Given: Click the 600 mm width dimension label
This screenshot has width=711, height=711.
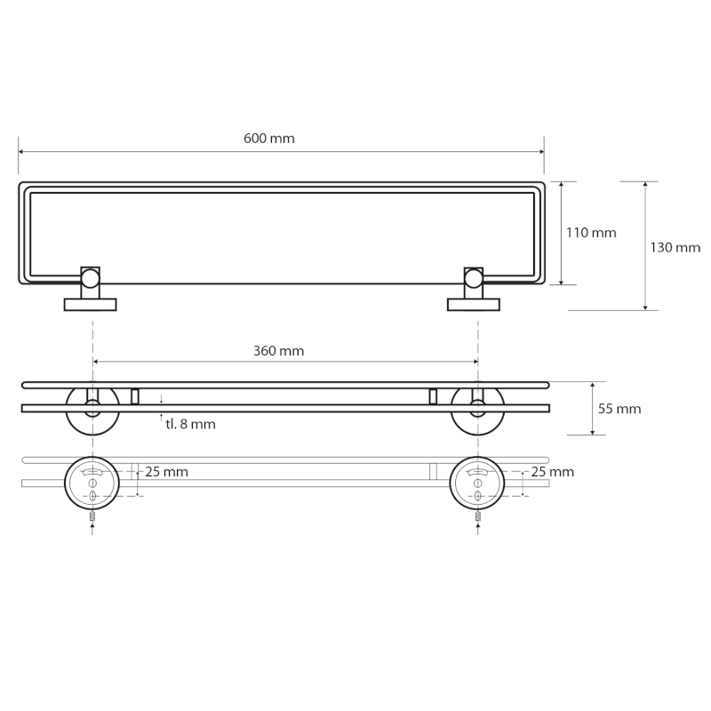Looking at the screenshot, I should [268, 139].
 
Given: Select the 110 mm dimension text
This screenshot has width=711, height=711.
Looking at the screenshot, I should [591, 233].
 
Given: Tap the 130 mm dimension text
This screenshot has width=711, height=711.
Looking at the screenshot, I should [675, 248].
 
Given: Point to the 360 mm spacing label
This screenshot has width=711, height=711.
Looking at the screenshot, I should [278, 351].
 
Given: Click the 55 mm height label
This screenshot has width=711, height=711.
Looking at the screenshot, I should [619, 409].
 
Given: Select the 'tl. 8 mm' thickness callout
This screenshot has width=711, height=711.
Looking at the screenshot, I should [190, 425].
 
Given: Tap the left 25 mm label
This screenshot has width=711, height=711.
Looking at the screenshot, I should [166, 472].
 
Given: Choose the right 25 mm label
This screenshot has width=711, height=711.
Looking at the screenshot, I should [552, 472].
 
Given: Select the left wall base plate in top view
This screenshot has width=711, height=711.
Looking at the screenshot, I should [91, 305].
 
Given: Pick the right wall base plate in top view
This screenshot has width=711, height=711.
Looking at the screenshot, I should [474, 305].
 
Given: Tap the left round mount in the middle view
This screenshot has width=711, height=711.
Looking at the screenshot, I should [92, 409].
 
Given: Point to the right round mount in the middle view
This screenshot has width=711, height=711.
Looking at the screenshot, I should [477, 409].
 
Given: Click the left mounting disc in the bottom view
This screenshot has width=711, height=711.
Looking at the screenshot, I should [92, 483].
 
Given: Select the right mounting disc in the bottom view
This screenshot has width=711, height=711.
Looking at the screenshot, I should [477, 483].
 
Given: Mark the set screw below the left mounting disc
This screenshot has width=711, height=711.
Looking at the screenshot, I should [92, 516].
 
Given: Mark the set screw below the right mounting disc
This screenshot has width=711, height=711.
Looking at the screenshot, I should [477, 516].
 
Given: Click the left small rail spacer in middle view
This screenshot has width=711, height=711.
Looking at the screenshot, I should [135, 396].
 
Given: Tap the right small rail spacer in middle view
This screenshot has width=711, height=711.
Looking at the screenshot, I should [433, 396].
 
